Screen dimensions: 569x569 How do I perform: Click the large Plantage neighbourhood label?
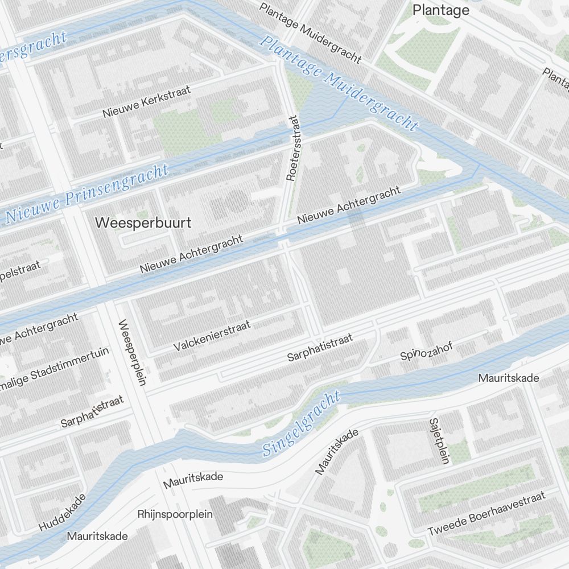tap(441, 10)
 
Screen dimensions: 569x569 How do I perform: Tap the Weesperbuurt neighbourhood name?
tap(143, 222)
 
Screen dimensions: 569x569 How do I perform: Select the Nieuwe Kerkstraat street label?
tap(147, 101)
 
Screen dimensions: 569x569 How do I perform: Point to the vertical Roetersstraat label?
tap(292, 149)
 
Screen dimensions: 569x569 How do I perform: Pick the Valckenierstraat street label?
tap(212, 336)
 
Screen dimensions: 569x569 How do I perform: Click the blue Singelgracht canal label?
tap(301, 424)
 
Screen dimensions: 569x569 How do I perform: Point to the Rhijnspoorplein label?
tap(175, 514)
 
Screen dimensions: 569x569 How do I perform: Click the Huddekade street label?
tap(63, 512)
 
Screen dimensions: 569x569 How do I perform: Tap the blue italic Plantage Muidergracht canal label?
tap(340, 83)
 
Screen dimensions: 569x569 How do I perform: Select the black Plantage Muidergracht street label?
tap(310, 32)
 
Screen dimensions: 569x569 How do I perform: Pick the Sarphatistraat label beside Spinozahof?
tap(320, 348)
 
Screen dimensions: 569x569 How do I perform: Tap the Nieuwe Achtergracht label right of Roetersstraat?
tap(348, 204)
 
